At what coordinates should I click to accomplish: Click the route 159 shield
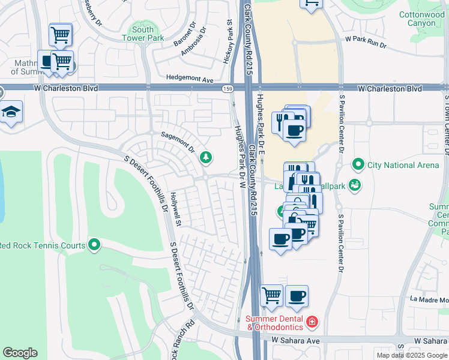(x=228, y=89)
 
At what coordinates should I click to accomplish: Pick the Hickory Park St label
(x=229, y=41)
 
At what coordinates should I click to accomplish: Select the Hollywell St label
(x=175, y=209)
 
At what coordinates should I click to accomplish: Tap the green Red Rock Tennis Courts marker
(x=94, y=244)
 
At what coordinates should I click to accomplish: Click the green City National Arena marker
(x=358, y=164)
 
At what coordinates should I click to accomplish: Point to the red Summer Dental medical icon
(x=312, y=323)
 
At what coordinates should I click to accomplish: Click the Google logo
(x=20, y=353)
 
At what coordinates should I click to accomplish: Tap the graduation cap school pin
(x=11, y=113)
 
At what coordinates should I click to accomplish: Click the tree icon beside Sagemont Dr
(x=206, y=157)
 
